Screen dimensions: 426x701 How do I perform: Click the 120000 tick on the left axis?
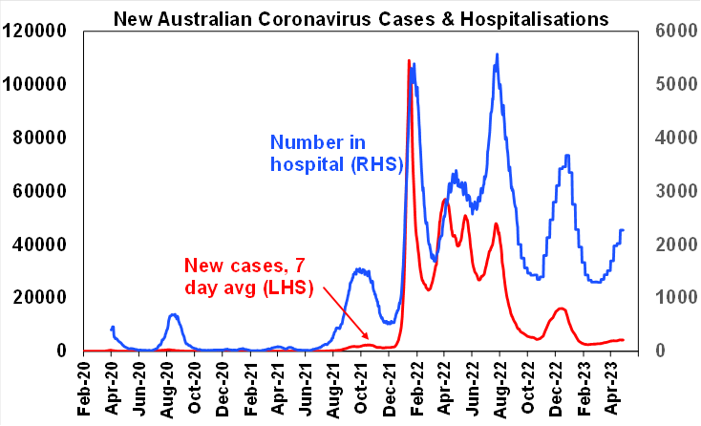(x=36, y=31)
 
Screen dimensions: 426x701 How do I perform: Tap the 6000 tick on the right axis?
(x=672, y=31)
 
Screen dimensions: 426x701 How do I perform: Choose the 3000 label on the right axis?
(x=672, y=191)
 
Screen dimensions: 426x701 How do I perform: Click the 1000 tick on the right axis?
(x=672, y=298)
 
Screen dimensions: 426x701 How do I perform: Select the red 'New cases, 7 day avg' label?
(x=250, y=275)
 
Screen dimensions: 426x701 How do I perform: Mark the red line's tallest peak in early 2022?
(x=410, y=61)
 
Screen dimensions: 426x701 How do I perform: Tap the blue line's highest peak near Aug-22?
(x=497, y=55)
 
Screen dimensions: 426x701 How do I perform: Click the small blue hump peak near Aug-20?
(x=173, y=314)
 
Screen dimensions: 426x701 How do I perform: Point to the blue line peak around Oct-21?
(x=360, y=269)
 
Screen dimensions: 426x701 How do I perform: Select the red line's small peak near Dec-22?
(x=562, y=309)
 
